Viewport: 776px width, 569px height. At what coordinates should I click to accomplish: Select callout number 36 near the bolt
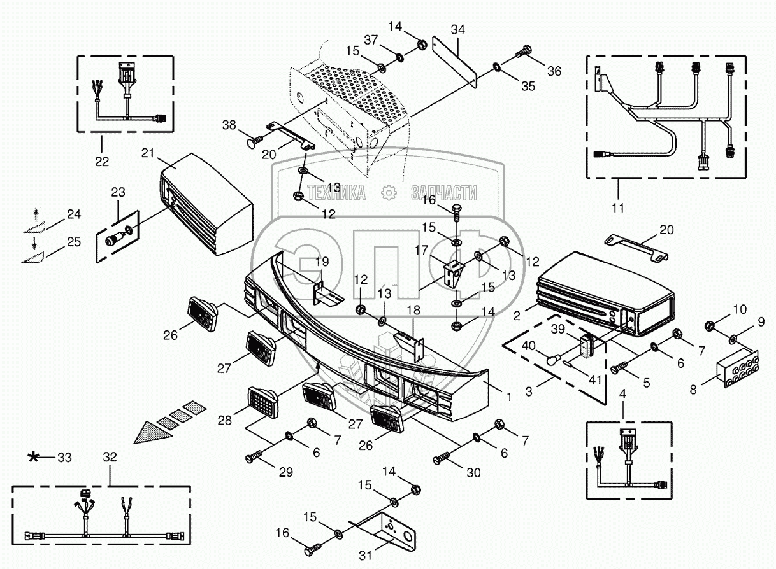point(554,71)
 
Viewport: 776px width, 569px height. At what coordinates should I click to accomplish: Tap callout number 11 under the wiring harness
point(617,207)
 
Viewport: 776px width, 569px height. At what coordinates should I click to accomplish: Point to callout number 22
point(102,161)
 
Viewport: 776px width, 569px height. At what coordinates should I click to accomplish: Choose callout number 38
point(229,125)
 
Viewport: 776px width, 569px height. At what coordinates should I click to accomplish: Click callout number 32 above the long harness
point(110,456)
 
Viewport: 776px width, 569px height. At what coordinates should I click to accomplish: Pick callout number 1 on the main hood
point(508,396)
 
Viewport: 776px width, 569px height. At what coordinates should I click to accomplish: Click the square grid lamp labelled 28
point(263,402)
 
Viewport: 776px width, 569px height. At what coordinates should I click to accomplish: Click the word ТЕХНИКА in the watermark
point(336,192)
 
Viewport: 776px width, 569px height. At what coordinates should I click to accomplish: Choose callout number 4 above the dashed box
point(623,394)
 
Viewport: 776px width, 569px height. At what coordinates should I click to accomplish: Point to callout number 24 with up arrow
point(74,214)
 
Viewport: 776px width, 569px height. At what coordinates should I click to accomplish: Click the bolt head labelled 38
point(250,138)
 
